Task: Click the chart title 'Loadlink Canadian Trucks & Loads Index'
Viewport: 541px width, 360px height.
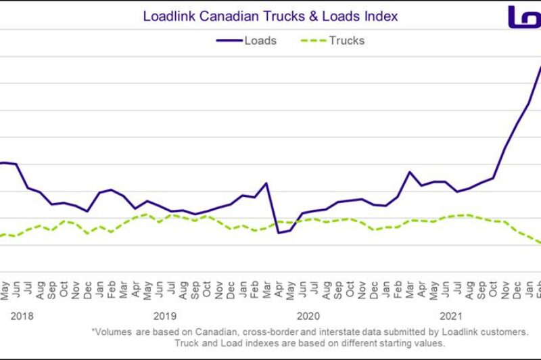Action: click(x=270, y=15)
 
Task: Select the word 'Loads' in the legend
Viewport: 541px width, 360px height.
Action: click(x=260, y=41)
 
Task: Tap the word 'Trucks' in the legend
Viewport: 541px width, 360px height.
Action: click(x=346, y=41)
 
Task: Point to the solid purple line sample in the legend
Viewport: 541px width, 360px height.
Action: click(x=229, y=41)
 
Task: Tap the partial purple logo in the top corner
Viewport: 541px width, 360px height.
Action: click(x=524, y=16)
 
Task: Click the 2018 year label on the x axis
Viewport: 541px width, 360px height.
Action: click(x=22, y=315)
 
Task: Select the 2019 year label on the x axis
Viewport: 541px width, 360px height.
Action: click(x=164, y=315)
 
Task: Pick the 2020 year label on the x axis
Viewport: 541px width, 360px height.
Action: click(x=308, y=315)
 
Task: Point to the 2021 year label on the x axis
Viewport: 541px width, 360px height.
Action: click(x=450, y=315)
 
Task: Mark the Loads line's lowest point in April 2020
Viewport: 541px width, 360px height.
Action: click(x=279, y=233)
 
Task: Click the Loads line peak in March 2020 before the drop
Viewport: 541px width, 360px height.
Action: click(x=266, y=183)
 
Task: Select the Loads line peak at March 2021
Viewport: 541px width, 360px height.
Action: click(x=410, y=172)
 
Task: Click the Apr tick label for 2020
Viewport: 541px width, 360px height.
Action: click(x=279, y=292)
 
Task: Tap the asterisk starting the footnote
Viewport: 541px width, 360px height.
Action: click(x=93, y=332)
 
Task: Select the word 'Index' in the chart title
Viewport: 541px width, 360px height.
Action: click(x=383, y=15)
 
